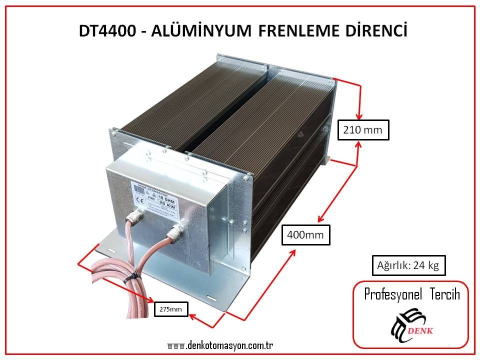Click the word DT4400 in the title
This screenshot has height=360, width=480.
point(105,31)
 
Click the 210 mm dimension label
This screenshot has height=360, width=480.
point(362,130)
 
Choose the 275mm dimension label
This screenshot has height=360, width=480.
point(171,310)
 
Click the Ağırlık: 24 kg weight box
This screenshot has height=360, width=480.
point(408,265)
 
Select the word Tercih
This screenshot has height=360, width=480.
point(443,294)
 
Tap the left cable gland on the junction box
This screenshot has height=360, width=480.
point(135,215)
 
